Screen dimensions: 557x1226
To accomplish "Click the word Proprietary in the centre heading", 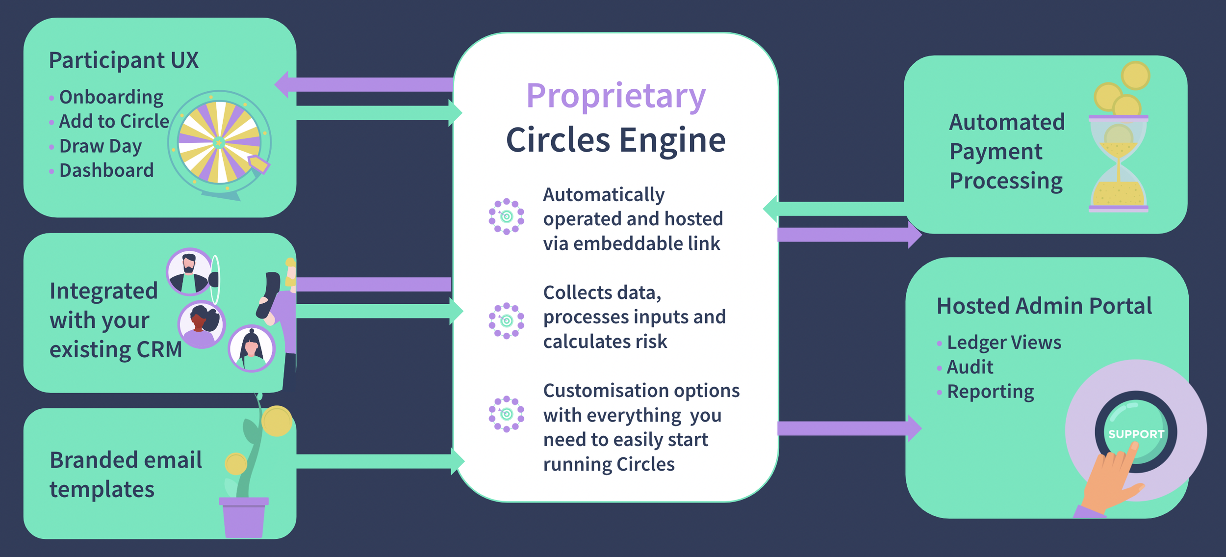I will click(x=615, y=97).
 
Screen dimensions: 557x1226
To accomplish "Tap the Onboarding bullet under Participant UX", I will click(x=111, y=97).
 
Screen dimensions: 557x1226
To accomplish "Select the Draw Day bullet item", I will click(x=100, y=146).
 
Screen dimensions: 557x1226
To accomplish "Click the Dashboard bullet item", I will click(x=106, y=171).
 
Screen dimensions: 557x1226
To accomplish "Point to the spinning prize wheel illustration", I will click(x=219, y=143).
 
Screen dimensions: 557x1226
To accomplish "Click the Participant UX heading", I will click(x=124, y=60).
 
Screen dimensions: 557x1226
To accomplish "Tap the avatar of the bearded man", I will click(x=189, y=271).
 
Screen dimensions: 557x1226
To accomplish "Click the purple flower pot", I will click(x=244, y=517).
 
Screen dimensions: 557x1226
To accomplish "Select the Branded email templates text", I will click(x=126, y=475).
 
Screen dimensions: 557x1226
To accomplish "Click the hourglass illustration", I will click(x=1118, y=163).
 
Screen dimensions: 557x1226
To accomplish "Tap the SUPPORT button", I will click(x=1136, y=433).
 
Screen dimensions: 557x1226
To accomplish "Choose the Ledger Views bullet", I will click(x=1003, y=343).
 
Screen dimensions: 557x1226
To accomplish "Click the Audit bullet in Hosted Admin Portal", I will click(x=970, y=367).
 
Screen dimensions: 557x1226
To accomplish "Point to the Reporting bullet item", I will click(x=990, y=392).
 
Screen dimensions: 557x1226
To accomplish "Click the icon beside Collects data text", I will click(x=507, y=321).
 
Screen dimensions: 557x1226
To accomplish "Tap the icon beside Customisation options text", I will click(x=507, y=414).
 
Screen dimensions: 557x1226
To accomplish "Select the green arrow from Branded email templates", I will click(x=378, y=461).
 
